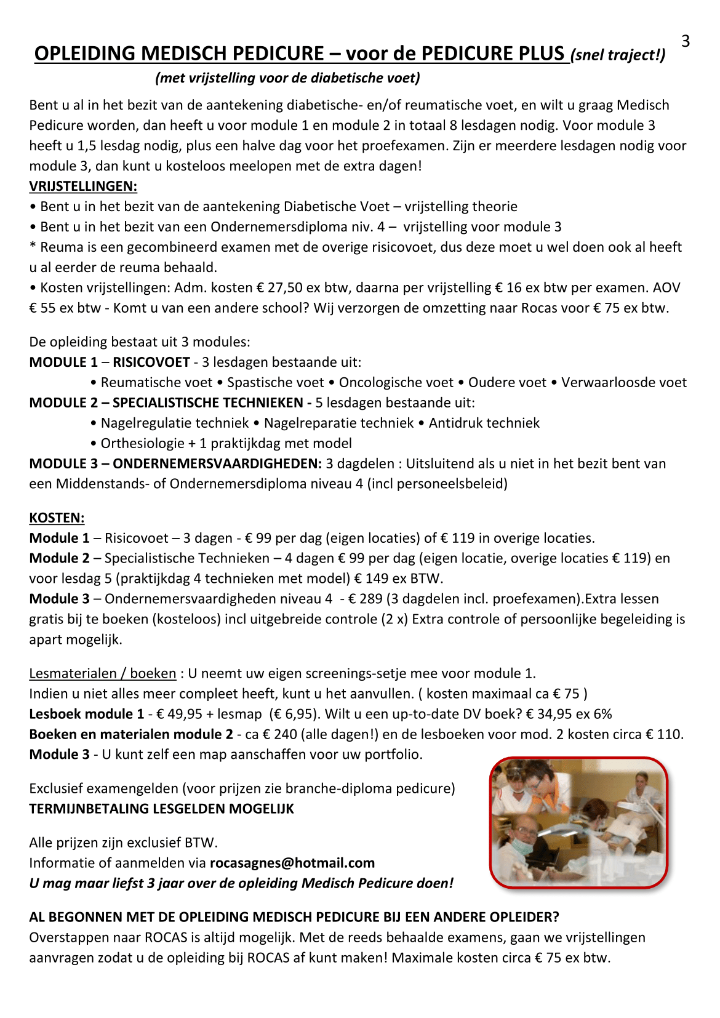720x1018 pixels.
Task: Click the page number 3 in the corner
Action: click(x=686, y=42)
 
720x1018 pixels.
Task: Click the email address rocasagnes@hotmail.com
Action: click(x=292, y=863)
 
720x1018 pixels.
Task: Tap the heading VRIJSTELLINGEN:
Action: click(x=83, y=186)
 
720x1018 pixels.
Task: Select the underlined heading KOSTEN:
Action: click(x=57, y=518)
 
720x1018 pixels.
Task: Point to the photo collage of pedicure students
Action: click(x=578, y=822)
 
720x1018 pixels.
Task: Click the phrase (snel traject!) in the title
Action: click(x=618, y=55)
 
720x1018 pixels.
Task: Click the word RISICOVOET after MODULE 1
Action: click(x=151, y=362)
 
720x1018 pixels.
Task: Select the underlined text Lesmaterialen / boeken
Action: click(x=103, y=673)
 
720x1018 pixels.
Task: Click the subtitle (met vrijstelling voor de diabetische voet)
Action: click(x=288, y=78)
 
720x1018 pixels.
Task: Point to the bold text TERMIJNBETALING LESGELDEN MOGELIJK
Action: click(x=161, y=809)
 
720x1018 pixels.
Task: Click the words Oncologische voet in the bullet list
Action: click(x=396, y=382)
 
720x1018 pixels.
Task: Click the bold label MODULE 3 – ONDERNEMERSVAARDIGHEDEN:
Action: click(x=175, y=463)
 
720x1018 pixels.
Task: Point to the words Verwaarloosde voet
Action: click(x=623, y=382)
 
